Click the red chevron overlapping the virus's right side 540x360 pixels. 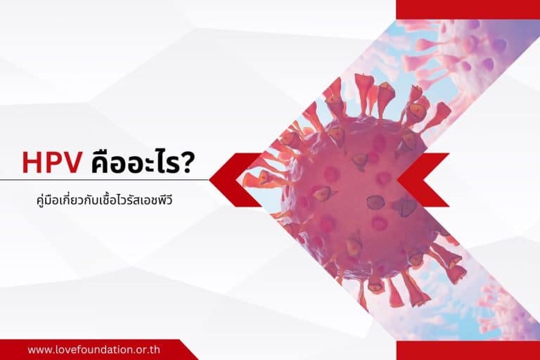tap(425, 180)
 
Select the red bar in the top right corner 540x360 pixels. tap(468, 9)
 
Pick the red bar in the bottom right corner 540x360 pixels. tap(468, 350)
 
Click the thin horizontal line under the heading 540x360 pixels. tap(105, 180)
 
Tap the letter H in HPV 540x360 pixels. tap(31, 162)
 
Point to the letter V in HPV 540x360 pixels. tap(74, 162)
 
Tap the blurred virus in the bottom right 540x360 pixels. tap(503, 302)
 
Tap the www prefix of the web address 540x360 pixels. tap(39, 349)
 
